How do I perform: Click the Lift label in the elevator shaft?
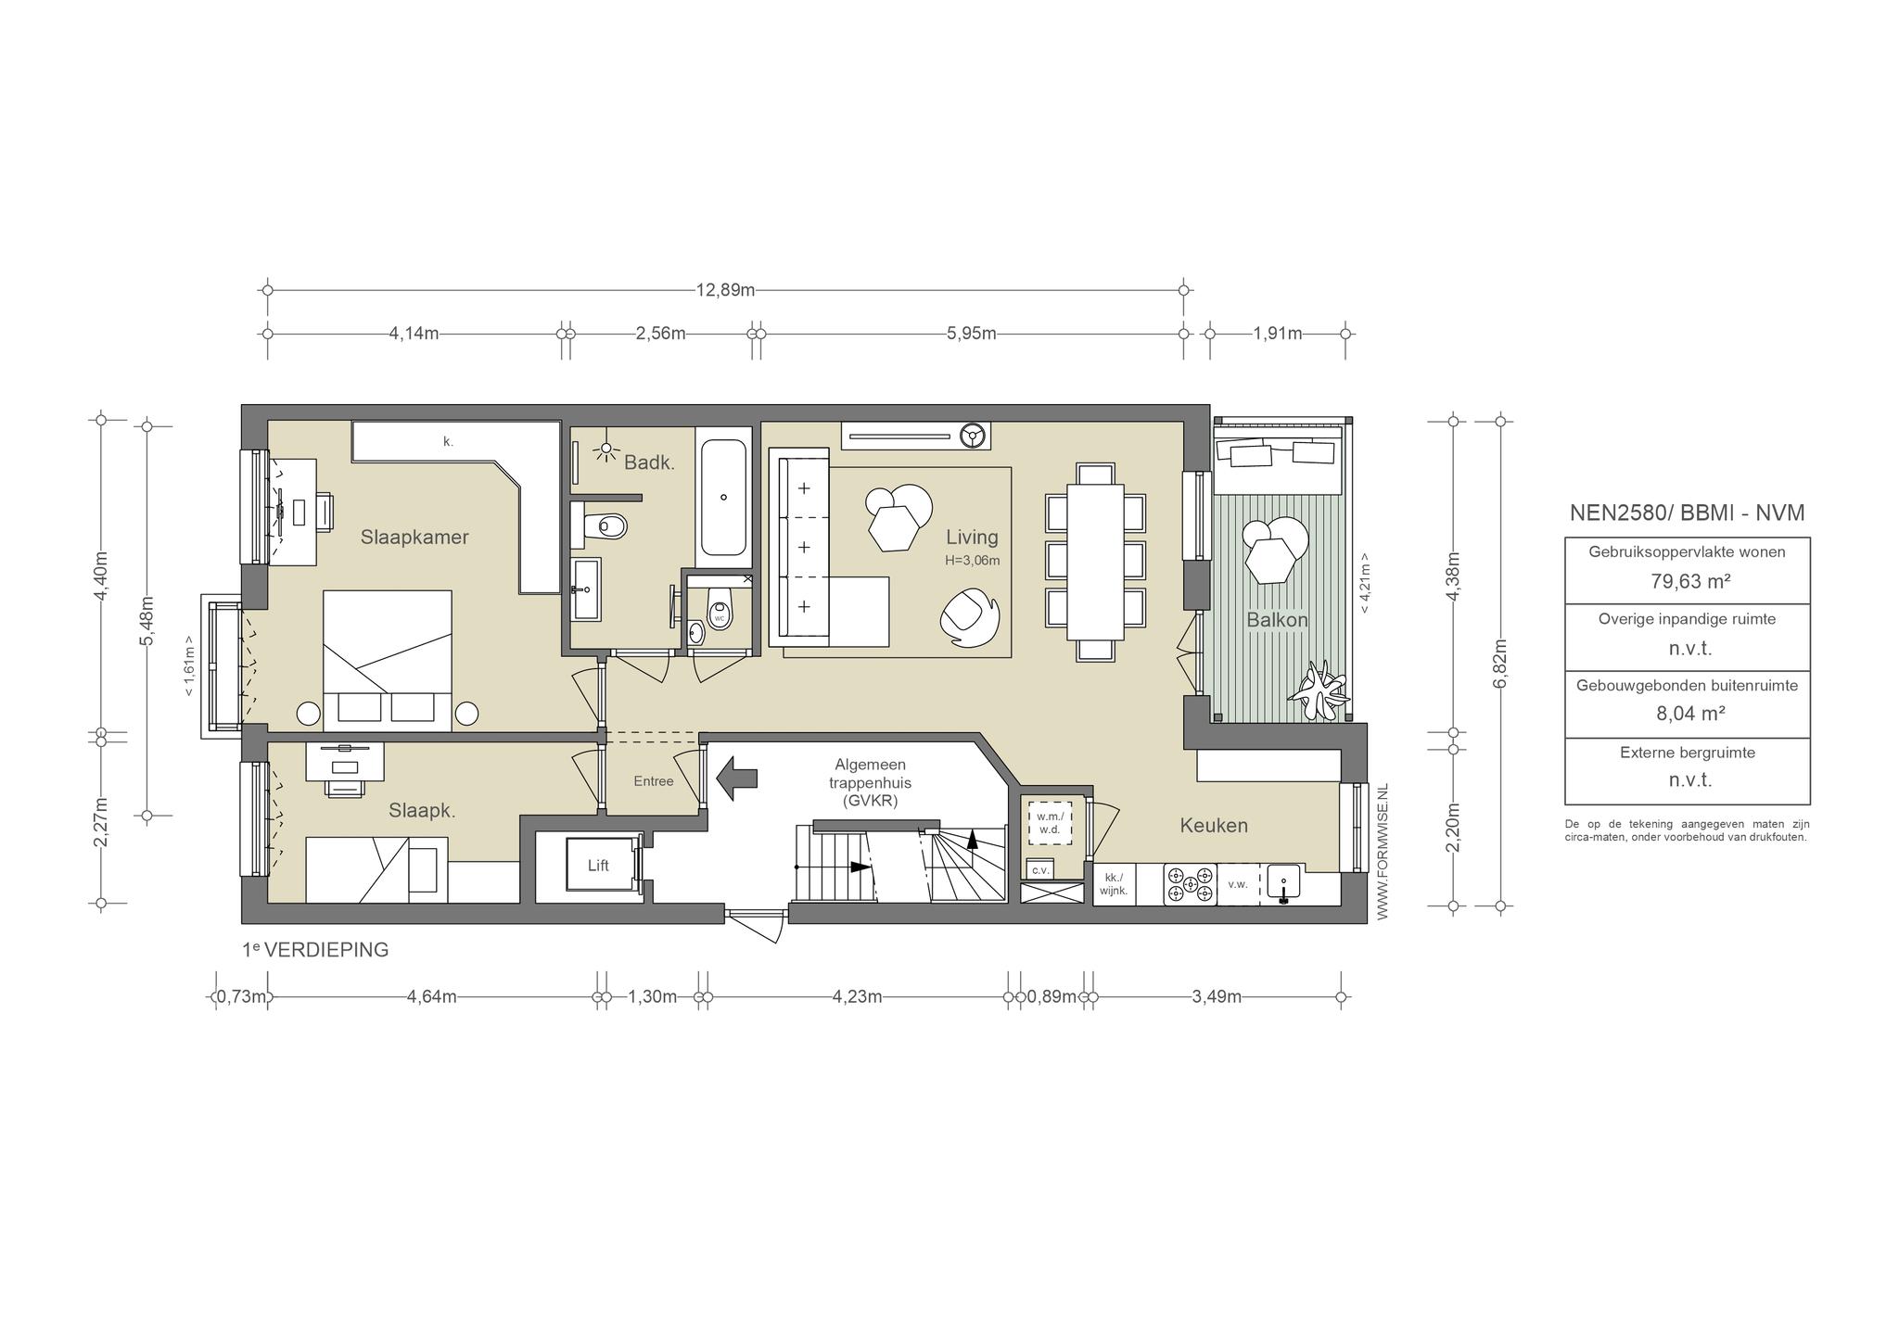(598, 866)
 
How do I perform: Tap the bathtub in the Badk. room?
(723, 498)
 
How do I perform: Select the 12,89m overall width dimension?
(725, 290)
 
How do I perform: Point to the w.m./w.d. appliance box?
(1049, 823)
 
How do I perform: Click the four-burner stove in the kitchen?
(1190, 884)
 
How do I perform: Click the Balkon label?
(1277, 620)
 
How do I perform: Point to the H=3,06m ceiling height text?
(973, 560)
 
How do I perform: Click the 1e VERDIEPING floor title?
(315, 950)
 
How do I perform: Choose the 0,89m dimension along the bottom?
(1051, 997)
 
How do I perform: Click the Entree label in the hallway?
(654, 781)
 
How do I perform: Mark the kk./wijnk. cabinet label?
(1114, 884)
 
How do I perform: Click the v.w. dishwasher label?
(1238, 884)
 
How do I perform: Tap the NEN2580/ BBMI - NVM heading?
(1687, 513)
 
